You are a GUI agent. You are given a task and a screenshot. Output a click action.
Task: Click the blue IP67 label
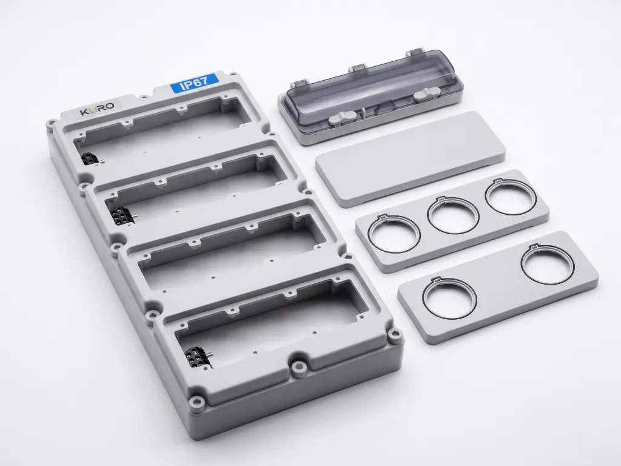195,84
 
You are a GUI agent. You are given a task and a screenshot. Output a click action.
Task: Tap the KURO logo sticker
98,107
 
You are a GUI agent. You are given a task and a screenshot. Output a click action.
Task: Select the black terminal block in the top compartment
90,160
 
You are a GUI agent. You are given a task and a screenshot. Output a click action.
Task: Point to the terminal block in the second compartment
120,215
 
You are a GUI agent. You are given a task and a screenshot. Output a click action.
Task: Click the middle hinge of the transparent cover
359,69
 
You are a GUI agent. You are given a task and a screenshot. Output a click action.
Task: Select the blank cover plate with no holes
411,158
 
